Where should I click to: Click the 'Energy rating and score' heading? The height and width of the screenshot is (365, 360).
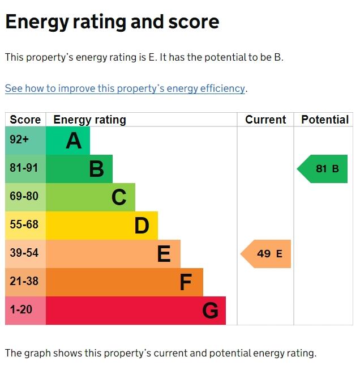(x=112, y=22)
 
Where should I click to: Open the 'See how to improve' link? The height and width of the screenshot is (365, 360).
(x=125, y=88)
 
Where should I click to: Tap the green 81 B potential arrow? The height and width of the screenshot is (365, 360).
(x=323, y=169)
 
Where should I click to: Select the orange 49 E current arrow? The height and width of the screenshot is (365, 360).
(x=266, y=254)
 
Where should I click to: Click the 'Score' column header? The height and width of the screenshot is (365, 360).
(x=25, y=120)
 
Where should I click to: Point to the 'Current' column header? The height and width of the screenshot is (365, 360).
(x=265, y=120)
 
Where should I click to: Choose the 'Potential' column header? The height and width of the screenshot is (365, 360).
(x=324, y=120)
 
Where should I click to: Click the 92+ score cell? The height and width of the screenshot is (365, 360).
(x=25, y=140)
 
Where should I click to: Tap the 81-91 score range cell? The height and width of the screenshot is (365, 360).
(x=25, y=168)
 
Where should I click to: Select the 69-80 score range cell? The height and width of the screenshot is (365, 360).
(x=25, y=197)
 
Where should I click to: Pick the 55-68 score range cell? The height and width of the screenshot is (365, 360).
(x=25, y=225)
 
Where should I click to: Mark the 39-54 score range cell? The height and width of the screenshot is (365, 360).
(x=25, y=253)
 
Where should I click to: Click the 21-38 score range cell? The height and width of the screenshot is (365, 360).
(x=25, y=282)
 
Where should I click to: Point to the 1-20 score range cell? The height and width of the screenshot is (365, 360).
(x=25, y=310)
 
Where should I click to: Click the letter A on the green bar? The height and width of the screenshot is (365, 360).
(x=74, y=141)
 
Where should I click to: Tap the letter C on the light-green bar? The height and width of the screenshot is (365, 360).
(x=119, y=197)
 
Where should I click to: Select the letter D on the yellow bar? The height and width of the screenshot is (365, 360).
(x=142, y=226)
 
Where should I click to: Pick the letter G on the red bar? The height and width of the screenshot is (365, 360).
(x=210, y=311)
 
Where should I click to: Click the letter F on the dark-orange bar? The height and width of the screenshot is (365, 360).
(x=186, y=282)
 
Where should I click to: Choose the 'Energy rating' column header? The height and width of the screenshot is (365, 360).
(x=89, y=120)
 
